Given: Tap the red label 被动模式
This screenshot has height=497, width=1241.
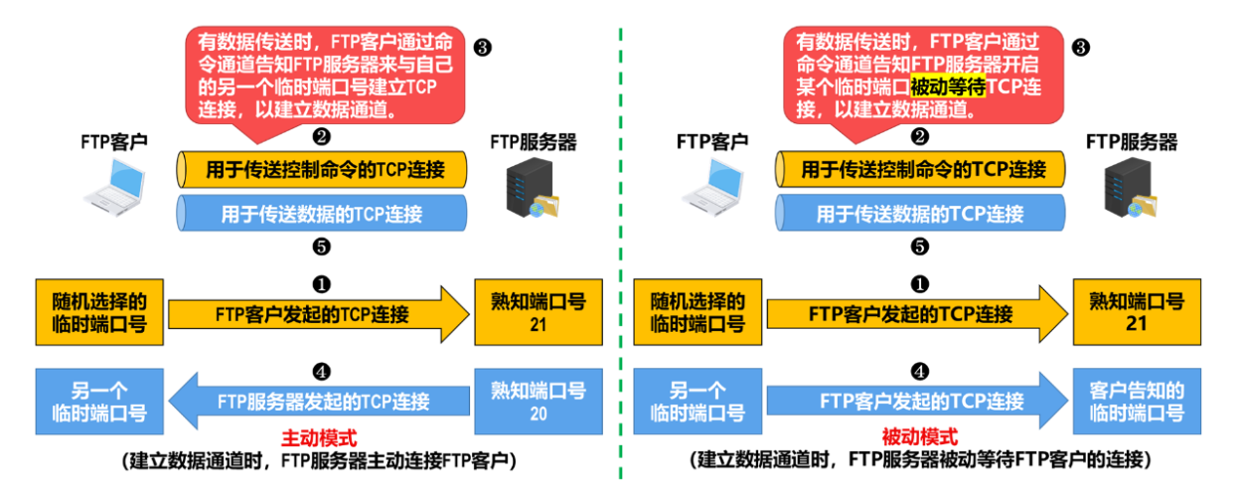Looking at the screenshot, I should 919,437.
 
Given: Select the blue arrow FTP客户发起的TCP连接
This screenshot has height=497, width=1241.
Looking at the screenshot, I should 919,403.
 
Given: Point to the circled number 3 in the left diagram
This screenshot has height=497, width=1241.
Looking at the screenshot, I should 484,47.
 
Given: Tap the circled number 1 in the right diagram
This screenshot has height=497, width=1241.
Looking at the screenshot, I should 920,283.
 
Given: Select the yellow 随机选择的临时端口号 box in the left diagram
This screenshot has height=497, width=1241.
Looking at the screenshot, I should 98,311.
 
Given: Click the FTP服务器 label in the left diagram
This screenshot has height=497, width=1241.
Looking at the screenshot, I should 533,142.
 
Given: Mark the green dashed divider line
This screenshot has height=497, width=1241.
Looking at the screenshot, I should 620,248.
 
